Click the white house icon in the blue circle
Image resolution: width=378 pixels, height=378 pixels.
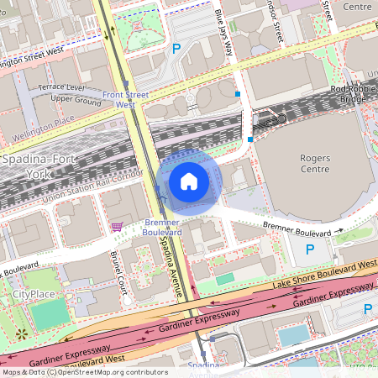pos(189,181)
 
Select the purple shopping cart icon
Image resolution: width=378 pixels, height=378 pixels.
pos(117,226)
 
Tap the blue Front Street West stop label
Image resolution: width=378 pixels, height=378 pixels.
pos(125,100)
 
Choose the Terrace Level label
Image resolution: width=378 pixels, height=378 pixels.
pos(61,87)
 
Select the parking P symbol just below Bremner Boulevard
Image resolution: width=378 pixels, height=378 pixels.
pos(310,249)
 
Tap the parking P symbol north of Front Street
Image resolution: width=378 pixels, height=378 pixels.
pos(176,49)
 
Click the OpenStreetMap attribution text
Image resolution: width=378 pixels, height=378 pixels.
pos(84,372)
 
